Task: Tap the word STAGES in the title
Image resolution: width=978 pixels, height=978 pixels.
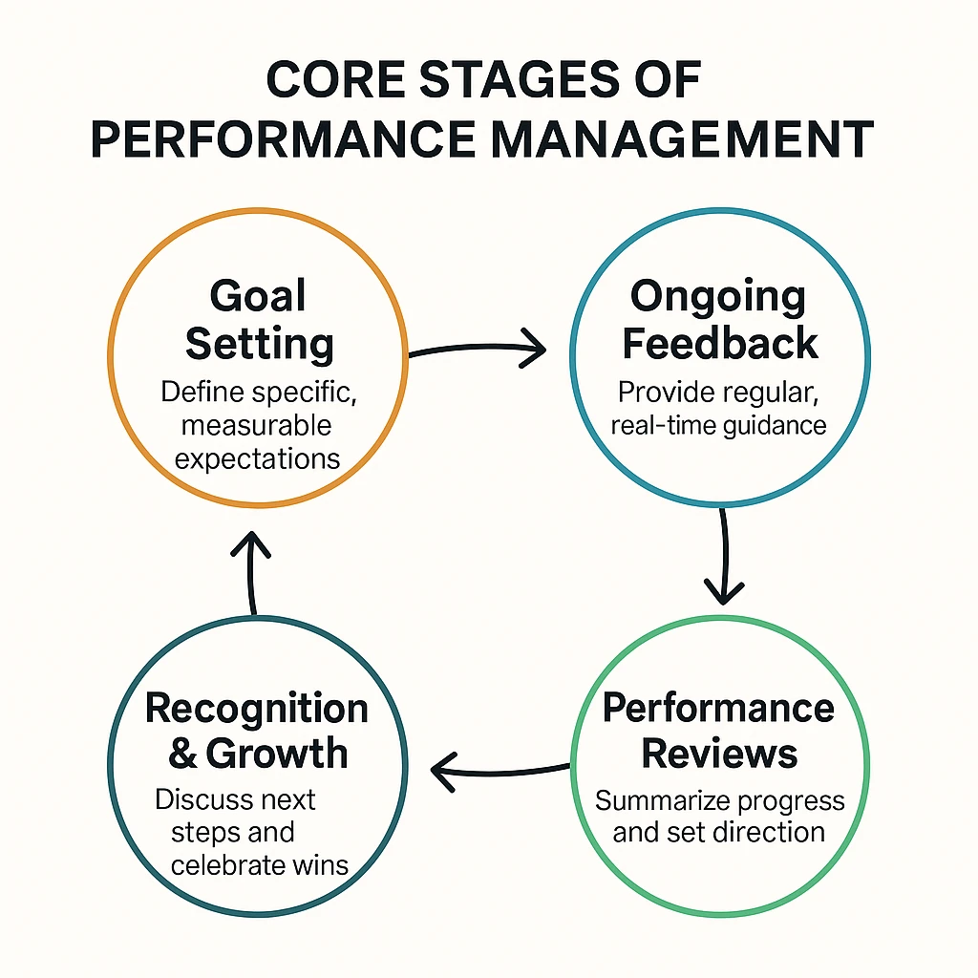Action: click(519, 80)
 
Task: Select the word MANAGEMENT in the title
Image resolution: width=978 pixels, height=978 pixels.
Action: click(682, 139)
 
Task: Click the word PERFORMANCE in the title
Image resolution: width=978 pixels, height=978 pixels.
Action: click(284, 139)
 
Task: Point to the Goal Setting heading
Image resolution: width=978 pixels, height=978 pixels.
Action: click(259, 319)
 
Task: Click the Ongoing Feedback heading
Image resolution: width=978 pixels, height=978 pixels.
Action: click(720, 319)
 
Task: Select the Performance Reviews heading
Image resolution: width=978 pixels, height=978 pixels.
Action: click(718, 731)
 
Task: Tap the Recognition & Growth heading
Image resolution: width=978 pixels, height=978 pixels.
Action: click(257, 731)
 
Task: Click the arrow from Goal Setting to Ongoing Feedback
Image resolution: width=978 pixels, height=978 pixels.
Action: click(478, 348)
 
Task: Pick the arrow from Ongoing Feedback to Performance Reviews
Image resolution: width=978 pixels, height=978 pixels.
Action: click(725, 555)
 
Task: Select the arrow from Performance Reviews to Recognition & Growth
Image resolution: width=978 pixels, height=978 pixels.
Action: click(499, 773)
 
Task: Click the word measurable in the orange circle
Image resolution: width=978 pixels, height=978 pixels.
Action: click(256, 425)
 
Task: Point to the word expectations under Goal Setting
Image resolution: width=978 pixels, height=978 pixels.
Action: click(257, 459)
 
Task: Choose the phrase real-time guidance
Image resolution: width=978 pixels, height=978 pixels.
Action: click(718, 426)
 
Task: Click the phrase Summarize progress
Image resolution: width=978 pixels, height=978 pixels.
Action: click(720, 801)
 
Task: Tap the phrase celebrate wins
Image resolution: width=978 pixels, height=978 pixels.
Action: click(260, 865)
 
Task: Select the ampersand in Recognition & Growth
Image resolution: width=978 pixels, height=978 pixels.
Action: click(182, 754)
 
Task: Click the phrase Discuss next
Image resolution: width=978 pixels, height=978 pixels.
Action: click(235, 799)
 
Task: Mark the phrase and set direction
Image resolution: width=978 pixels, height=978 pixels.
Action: click(718, 833)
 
